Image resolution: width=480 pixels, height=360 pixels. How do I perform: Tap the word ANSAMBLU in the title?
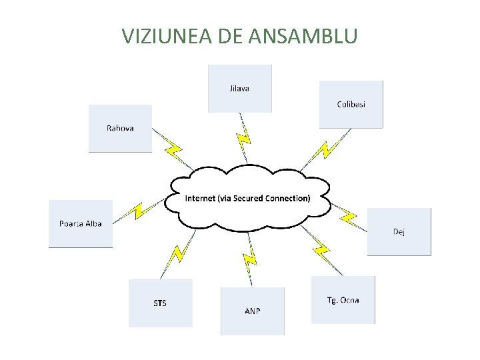(305, 36)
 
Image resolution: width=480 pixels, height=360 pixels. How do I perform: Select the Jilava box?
(240, 88)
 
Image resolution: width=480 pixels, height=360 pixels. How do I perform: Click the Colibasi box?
(351, 104)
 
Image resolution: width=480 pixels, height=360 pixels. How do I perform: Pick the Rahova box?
(120, 128)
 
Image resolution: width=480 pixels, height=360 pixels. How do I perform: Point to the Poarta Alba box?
(81, 224)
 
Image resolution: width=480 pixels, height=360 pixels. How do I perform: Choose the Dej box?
(399, 231)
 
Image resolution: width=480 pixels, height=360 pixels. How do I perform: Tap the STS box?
(160, 303)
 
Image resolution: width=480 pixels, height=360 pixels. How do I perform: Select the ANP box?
(252, 311)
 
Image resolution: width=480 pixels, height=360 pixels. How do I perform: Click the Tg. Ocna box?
(343, 300)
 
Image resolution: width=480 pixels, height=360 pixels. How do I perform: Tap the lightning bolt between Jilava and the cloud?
(243, 138)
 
